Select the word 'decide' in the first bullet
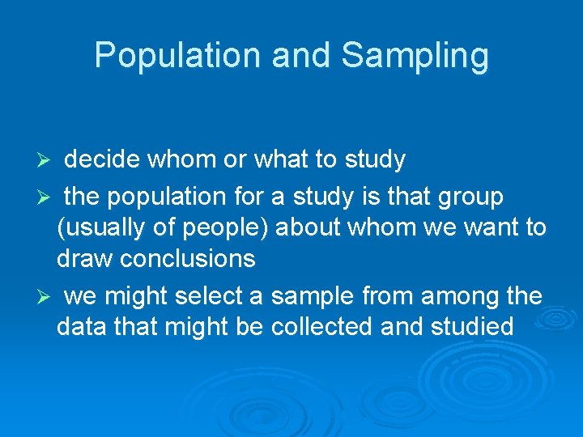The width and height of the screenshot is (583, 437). coord(102,159)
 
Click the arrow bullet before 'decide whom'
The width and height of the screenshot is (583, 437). coord(47,160)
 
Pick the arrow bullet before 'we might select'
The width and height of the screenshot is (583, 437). coord(47,297)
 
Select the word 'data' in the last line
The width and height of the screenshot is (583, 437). coord(81,327)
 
